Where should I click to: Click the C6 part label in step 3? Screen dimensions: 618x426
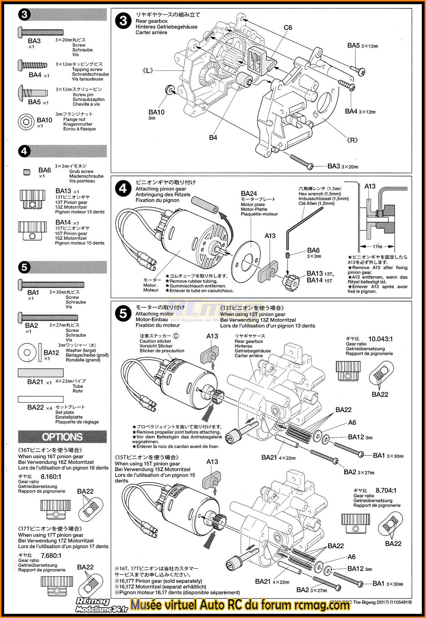[288, 28]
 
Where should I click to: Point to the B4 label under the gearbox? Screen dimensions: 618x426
[213, 138]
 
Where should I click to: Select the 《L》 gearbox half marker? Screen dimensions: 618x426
[148, 71]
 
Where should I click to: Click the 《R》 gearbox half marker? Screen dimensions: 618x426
[352, 140]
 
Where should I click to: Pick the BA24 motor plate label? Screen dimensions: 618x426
[249, 194]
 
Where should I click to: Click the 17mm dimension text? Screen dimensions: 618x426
[378, 247]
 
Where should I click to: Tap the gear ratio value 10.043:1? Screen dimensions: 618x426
[380, 339]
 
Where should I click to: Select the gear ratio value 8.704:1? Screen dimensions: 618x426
[386, 490]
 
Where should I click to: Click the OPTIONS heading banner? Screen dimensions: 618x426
[62, 437]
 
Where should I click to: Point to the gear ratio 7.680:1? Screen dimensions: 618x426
[51, 556]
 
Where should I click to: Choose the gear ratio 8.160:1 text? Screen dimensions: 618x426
[51, 477]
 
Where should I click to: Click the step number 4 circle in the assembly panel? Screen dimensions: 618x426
[123, 189]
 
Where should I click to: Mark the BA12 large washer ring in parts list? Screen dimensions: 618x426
[27, 353]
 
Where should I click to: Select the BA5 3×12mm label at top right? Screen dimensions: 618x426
[362, 46]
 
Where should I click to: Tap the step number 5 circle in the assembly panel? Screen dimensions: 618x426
[123, 314]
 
